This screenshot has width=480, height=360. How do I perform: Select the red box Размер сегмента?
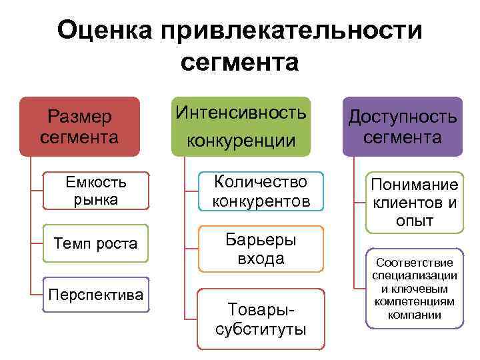point(79,127)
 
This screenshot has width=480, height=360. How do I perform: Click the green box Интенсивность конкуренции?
point(241,126)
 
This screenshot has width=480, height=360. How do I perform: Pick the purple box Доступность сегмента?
point(403,127)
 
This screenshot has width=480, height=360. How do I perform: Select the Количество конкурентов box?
point(261,191)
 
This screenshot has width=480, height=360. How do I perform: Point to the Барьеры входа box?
point(261,249)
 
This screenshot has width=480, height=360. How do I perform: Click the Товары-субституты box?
point(261,319)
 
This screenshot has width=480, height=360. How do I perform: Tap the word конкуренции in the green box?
point(241,141)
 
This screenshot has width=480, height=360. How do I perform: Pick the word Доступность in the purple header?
point(403,117)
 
